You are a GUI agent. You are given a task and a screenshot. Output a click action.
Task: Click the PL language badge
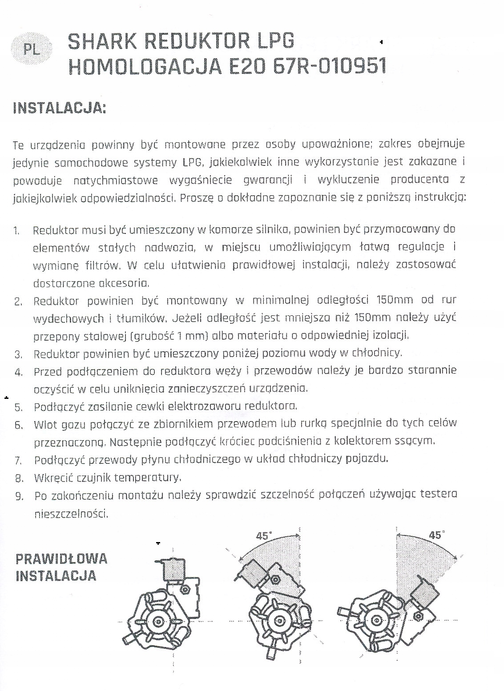tap(32, 49)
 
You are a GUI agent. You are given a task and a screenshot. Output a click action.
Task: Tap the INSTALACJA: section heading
tap(60, 109)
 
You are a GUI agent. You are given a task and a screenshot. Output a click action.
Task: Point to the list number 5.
tap(18, 407)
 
